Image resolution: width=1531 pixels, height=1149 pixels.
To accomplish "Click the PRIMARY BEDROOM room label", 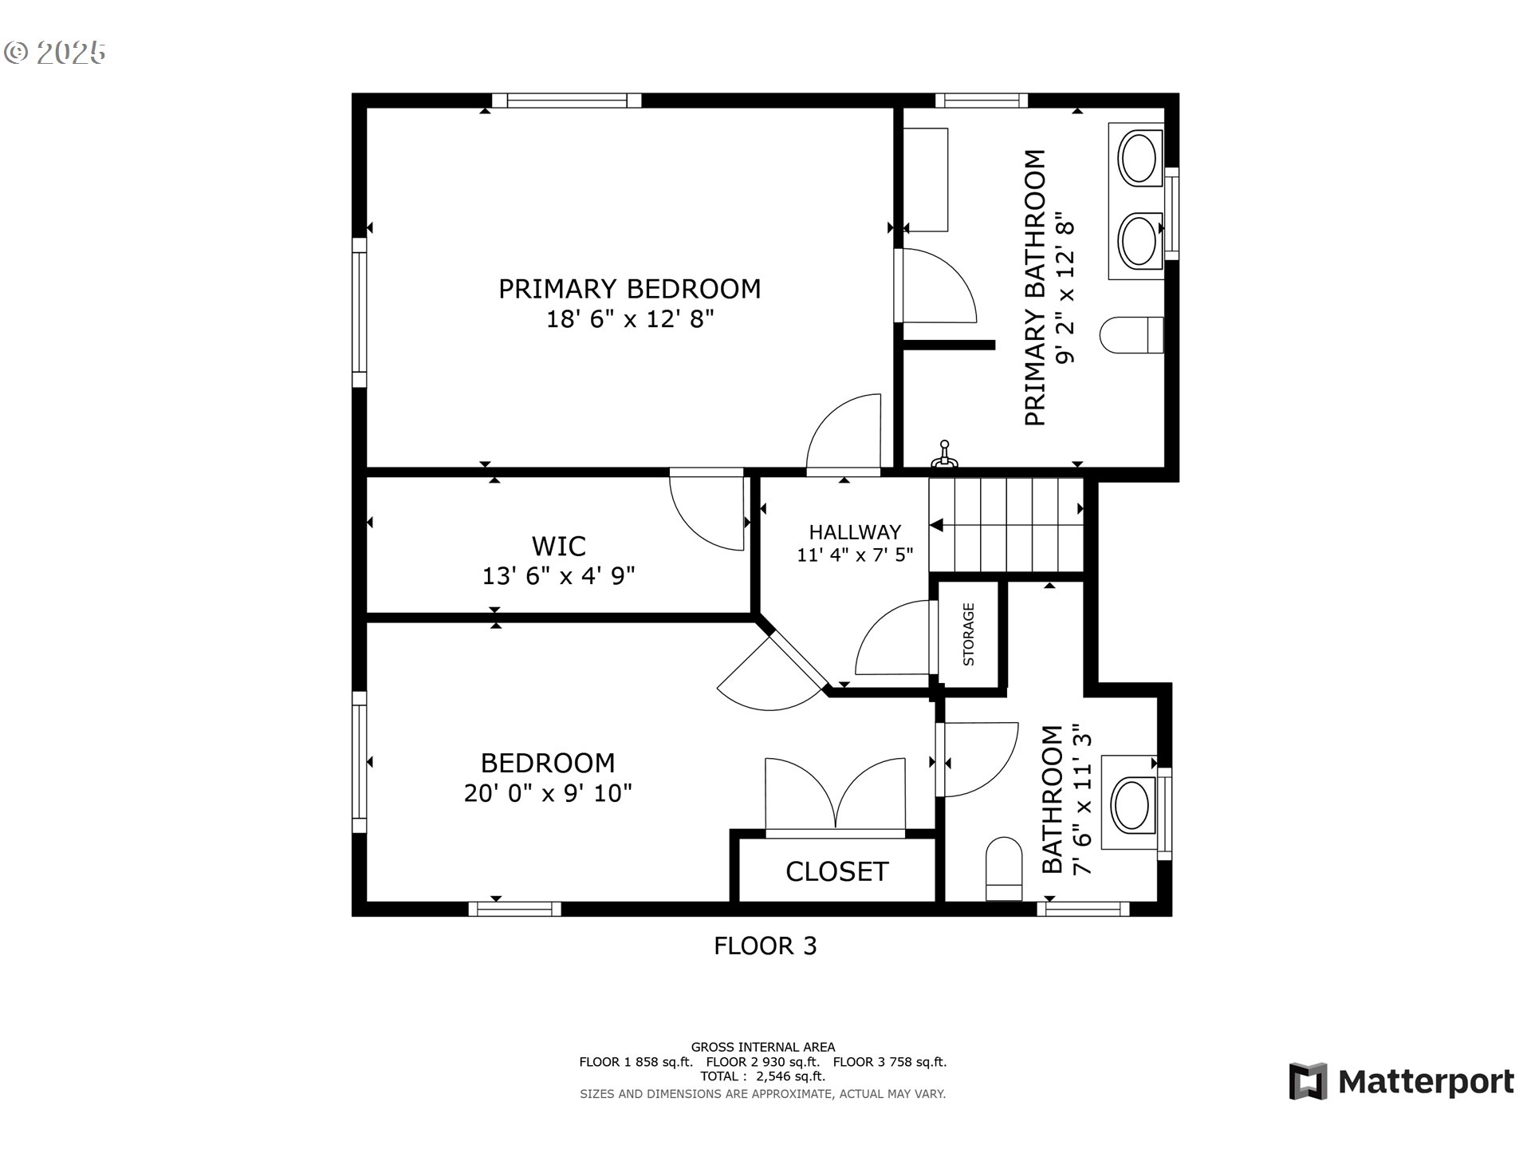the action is [x=629, y=289].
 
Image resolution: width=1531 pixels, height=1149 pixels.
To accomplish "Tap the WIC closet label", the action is [x=558, y=547].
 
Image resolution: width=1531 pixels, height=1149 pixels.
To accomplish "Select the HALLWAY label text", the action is [x=855, y=532].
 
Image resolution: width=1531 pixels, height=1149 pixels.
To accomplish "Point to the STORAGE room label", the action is [x=969, y=634].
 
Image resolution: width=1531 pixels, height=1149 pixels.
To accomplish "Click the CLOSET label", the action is [x=836, y=871].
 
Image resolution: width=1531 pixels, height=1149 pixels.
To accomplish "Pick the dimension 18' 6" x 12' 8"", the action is [x=629, y=319].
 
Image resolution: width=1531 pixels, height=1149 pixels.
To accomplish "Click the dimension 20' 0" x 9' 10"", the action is [x=548, y=793].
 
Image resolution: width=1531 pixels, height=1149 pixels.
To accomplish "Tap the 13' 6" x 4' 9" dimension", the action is [x=558, y=575].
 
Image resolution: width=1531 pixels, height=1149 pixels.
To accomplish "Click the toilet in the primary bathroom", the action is [x=1132, y=334].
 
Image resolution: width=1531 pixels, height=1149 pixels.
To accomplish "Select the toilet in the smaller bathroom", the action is [x=1004, y=869].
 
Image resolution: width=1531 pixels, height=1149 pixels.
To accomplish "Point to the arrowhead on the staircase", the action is [x=936, y=525].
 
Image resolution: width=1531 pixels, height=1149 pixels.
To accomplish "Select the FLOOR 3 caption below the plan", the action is [x=765, y=946].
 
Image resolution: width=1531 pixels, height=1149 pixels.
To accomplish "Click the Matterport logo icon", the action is [x=1308, y=1081].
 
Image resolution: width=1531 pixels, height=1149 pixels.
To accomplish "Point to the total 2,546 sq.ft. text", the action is [x=763, y=1076].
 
